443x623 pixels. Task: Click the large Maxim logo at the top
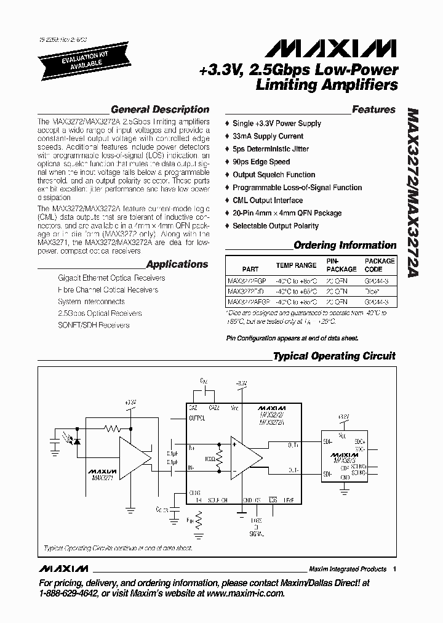(326, 49)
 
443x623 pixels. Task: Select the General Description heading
(160, 110)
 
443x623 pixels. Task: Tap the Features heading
(373, 110)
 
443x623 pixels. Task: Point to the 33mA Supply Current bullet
(268, 136)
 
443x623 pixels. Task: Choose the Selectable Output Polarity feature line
(275, 226)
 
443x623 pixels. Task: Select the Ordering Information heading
(345, 245)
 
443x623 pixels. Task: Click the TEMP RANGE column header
(296, 265)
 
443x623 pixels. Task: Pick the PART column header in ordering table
(250, 269)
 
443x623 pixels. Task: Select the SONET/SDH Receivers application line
(94, 325)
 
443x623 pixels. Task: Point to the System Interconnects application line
(91, 302)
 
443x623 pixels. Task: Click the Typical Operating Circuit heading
(334, 356)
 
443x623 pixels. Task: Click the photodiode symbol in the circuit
(78, 441)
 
